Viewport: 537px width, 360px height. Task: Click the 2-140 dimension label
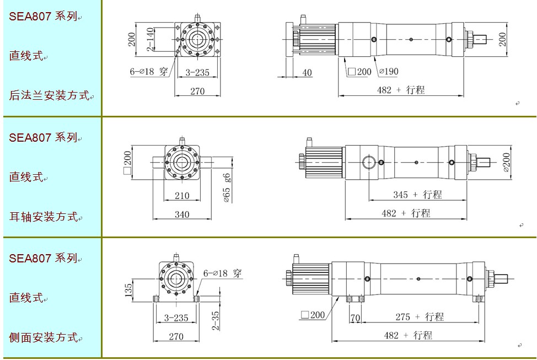click(150, 39)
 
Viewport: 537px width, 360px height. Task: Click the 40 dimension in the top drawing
click(307, 73)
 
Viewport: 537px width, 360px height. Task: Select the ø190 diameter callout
click(389, 71)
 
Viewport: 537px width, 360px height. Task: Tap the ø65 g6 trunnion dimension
click(227, 188)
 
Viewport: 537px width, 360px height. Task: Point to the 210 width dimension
click(182, 196)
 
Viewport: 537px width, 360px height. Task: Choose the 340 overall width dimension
click(182, 214)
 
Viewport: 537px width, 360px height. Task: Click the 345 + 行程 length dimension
click(417, 195)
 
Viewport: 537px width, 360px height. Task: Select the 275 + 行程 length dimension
click(420, 317)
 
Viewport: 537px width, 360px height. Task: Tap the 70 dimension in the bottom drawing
click(356, 318)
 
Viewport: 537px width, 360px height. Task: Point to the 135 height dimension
click(128, 290)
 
